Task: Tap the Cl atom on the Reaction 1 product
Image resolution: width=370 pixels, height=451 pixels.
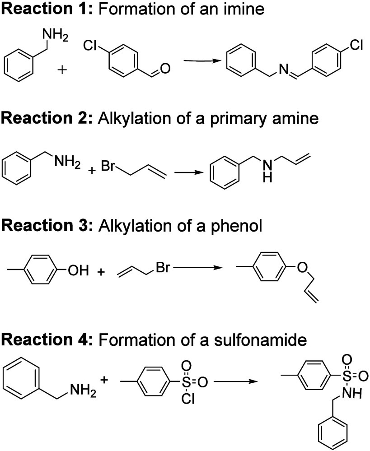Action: [356, 45]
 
